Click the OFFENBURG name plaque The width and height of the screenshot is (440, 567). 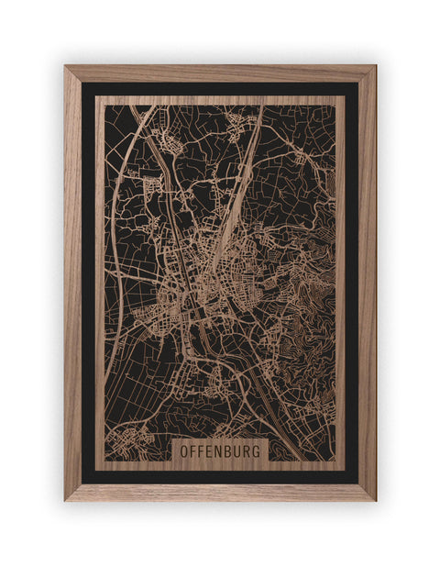[219, 450]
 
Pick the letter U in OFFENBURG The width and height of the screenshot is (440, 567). [236, 451]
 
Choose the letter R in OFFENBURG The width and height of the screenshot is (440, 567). [246, 451]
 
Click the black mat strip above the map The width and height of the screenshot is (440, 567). [220, 88]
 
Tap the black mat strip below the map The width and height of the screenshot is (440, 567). [220, 476]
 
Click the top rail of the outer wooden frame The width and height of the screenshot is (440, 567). [220, 72]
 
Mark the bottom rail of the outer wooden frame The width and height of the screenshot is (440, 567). [220, 493]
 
